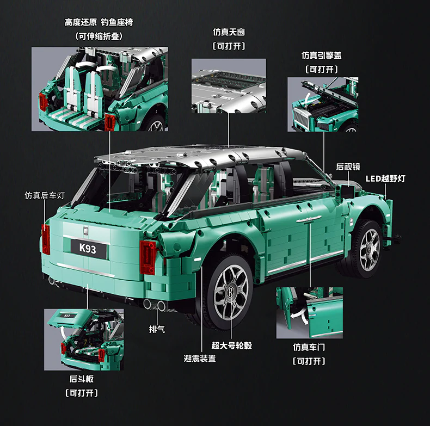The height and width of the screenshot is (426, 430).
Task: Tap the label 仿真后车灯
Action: (45, 195)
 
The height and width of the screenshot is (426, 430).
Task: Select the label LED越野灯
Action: (385, 178)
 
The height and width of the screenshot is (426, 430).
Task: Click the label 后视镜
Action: (348, 167)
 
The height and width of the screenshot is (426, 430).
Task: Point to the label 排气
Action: (157, 329)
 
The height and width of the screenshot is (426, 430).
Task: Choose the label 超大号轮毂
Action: (231, 345)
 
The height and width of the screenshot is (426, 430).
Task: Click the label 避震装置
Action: (199, 358)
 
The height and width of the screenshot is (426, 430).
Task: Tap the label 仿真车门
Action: (309, 347)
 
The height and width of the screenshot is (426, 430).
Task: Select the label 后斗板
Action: (81, 379)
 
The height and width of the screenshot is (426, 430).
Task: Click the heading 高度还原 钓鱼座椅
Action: (99, 22)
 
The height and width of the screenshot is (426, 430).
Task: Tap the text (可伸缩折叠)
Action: (99, 36)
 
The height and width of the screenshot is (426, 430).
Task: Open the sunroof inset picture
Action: (229, 86)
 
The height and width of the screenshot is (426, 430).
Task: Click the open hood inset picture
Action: (322, 104)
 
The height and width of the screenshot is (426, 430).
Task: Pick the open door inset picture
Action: (309, 312)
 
